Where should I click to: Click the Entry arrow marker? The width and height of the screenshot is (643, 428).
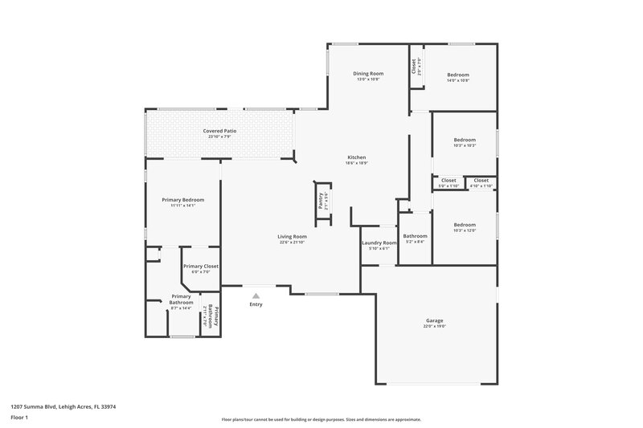[x=256, y=296]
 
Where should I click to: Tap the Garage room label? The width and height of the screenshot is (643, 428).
[x=434, y=320]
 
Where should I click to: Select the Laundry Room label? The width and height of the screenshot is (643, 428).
[x=379, y=243]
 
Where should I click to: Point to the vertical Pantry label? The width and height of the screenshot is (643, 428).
[x=320, y=201]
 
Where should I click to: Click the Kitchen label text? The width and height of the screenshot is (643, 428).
[x=357, y=157]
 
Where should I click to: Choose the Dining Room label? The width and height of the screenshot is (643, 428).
[x=367, y=73]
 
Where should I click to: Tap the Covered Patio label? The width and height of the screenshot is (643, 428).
[x=219, y=130]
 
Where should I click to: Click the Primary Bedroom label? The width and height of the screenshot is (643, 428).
[x=183, y=199]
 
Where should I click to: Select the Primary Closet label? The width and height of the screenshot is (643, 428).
[x=200, y=266]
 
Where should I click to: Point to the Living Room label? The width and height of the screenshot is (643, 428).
[x=293, y=236]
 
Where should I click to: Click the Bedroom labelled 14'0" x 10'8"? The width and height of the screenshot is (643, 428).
[x=458, y=75]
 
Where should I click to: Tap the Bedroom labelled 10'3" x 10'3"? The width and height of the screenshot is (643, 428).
[x=465, y=140]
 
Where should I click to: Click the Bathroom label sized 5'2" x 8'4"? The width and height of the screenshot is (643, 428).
[x=415, y=235]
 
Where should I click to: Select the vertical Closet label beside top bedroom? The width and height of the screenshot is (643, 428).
[x=414, y=66]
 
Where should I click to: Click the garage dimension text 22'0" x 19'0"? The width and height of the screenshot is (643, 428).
[x=434, y=326]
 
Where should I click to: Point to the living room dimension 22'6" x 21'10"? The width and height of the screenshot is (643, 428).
[x=293, y=242]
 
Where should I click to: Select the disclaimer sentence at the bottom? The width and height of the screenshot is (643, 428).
[x=321, y=419]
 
